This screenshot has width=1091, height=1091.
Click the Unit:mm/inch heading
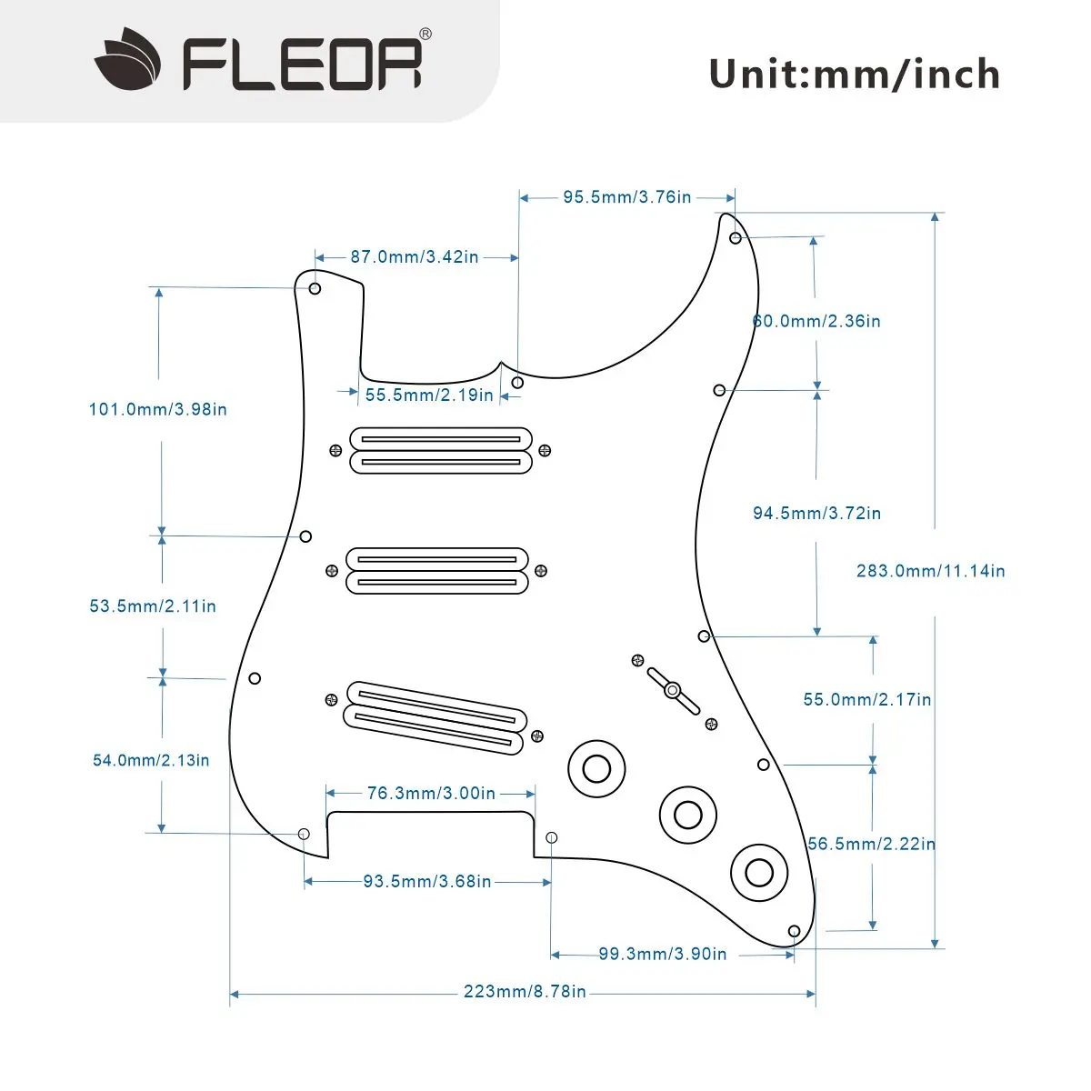point(854,75)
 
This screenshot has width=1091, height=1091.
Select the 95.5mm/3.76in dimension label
point(626,197)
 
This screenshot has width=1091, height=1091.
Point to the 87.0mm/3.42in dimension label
point(415,257)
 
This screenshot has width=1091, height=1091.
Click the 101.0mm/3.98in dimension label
point(157,409)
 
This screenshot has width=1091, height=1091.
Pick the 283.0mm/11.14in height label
point(930,571)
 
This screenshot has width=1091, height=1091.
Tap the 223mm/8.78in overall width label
point(525,992)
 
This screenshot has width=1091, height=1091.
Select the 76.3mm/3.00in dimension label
point(431,794)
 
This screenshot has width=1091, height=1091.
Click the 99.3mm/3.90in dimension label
point(662,954)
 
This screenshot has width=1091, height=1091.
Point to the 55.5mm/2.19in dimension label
point(429,395)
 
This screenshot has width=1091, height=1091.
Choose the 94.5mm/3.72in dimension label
point(816,513)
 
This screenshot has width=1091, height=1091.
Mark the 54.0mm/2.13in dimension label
point(151,760)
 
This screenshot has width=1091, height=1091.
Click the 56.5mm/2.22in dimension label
point(871,844)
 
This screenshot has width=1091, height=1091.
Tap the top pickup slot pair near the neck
point(440,451)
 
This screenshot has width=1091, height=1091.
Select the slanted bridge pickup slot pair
point(435,716)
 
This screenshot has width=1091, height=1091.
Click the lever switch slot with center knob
point(673,690)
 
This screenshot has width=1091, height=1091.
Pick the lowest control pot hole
point(759,872)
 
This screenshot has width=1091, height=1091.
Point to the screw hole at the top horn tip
point(736,238)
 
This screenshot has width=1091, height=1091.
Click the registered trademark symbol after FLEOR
point(425,35)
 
